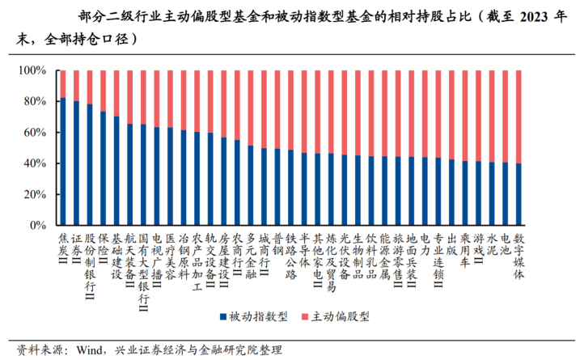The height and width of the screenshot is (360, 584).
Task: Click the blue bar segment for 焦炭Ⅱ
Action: [62, 162]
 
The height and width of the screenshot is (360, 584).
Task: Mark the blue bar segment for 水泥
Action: [492, 194]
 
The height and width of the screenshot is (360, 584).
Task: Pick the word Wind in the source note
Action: [91, 350]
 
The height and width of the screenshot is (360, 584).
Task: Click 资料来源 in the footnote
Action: [32, 350]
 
